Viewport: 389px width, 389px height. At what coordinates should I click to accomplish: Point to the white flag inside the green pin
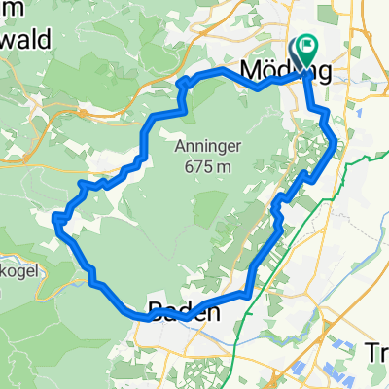(x=309, y=44)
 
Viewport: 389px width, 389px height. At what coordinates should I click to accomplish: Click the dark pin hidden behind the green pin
(x=298, y=52)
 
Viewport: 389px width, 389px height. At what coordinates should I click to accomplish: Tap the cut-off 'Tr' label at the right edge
(x=376, y=351)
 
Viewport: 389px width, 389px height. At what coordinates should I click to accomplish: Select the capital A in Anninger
(x=180, y=147)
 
